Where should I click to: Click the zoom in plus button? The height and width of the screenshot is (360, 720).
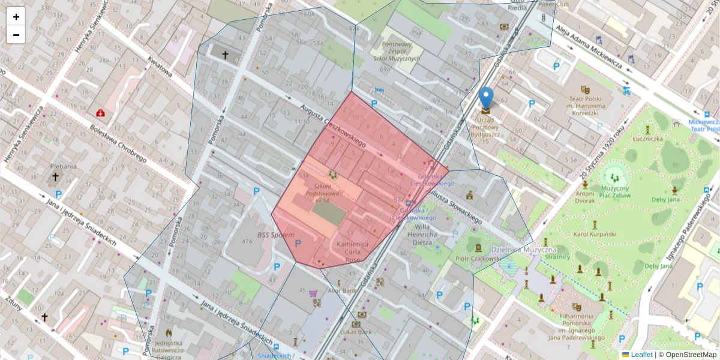tap(16, 17)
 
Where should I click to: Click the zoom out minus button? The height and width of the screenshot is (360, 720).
tap(16, 35)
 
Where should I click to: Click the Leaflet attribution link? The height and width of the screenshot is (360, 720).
tap(641, 355)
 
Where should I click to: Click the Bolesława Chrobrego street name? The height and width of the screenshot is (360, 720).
tap(118, 144)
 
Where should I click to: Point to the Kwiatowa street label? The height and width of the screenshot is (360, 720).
tap(160, 69)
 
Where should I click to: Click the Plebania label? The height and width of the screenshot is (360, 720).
tap(63, 166)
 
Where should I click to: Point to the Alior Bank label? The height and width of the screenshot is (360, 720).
tap(341, 291)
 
